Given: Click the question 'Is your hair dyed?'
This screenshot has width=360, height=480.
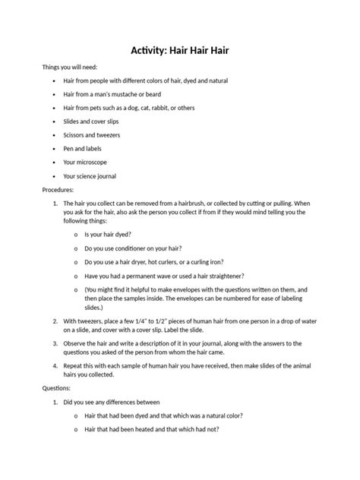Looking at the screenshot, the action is [x=109, y=235].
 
